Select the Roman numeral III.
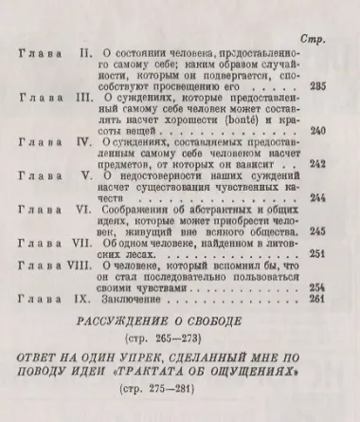tap(82, 97)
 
